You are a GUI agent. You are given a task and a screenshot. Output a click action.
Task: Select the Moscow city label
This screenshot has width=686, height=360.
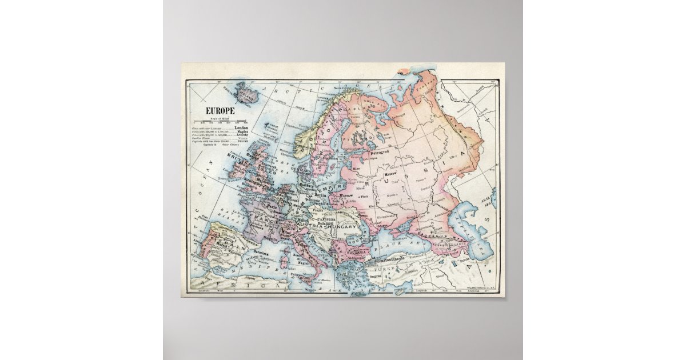pyautogui.click(x=391, y=173)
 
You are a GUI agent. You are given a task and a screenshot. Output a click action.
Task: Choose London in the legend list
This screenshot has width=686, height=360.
pyautogui.click(x=243, y=127)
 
